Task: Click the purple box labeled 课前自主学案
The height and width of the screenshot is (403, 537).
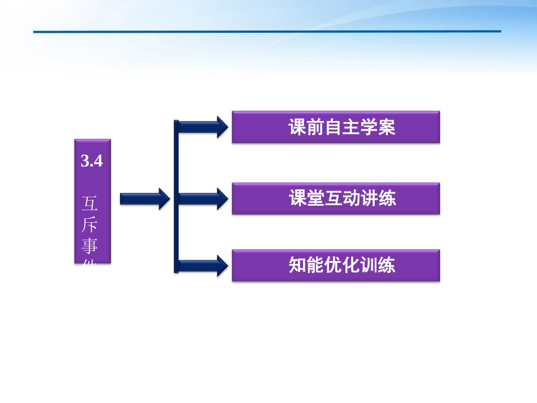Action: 336,127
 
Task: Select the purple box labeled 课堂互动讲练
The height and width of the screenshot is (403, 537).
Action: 336,198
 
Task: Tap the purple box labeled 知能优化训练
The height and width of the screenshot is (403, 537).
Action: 336,266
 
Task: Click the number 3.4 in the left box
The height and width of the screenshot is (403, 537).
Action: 92,162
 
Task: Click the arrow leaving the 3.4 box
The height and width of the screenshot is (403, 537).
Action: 145,198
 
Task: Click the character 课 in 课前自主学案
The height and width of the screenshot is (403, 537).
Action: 298,128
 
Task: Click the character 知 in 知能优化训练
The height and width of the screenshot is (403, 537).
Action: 298,266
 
